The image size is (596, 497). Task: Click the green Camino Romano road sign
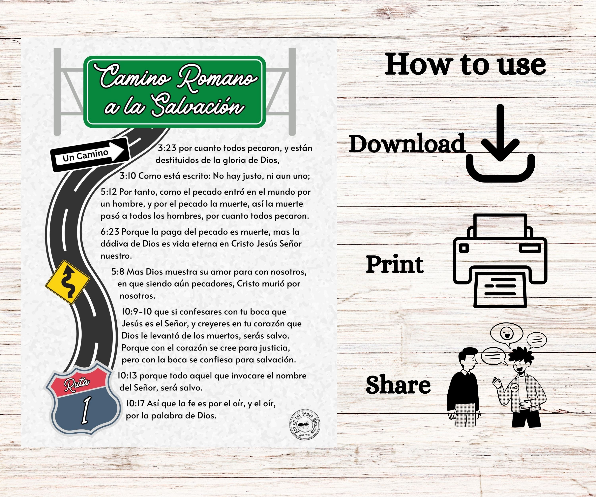(175, 92)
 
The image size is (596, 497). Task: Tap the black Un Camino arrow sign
(90, 155)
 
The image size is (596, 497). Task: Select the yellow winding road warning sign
(68, 282)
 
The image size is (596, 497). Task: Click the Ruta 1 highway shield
(82, 399)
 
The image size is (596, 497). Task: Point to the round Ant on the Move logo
(305, 425)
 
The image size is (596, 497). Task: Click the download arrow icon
(500, 143)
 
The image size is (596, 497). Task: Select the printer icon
(500, 260)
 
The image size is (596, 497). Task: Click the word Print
(395, 264)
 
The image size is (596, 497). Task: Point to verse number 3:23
(167, 148)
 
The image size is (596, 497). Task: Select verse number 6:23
(110, 232)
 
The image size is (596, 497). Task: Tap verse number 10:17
(135, 403)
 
